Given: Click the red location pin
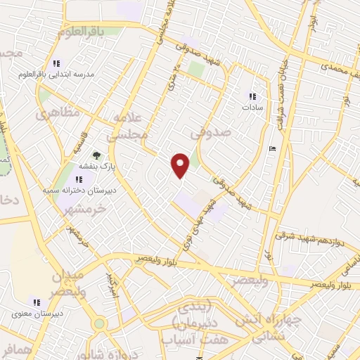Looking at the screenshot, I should pos(181,165).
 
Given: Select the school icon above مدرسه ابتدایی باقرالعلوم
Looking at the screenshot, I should pos(57,63).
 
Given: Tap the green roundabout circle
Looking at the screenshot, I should pos(99,323).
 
